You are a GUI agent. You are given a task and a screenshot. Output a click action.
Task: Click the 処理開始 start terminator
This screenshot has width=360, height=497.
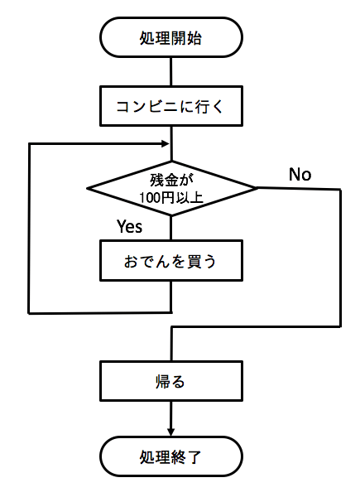(170, 38)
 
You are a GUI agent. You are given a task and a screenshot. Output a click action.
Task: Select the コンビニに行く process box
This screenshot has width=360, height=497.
(170, 107)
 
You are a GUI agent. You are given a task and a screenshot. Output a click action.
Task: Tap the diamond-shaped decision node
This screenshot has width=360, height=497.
(171, 189)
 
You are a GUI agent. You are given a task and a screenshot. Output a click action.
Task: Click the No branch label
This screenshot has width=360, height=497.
(300, 174)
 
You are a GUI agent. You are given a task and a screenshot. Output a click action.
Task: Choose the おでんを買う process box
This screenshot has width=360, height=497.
(170, 262)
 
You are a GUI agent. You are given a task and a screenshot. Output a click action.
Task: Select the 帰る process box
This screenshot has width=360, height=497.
(170, 382)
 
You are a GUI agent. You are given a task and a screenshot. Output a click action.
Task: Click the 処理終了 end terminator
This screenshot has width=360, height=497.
(170, 456)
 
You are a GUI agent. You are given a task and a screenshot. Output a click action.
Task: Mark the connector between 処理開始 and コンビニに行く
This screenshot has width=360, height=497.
(170, 72)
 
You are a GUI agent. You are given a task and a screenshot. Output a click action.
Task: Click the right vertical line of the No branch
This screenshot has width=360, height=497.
(340, 257)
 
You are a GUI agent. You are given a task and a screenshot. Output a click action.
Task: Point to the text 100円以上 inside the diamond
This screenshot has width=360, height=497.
(171, 198)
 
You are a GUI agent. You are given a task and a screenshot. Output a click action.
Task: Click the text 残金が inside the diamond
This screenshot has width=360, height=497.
(171, 179)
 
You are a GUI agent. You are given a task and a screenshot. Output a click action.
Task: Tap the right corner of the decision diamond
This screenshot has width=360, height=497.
(256, 188)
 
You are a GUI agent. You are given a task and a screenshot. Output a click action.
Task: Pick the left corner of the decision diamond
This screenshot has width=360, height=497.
(88, 189)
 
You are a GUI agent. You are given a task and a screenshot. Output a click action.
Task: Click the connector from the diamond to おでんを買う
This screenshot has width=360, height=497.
(170, 229)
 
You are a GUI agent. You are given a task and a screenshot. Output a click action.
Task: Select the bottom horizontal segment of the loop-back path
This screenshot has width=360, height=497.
(99, 312)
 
